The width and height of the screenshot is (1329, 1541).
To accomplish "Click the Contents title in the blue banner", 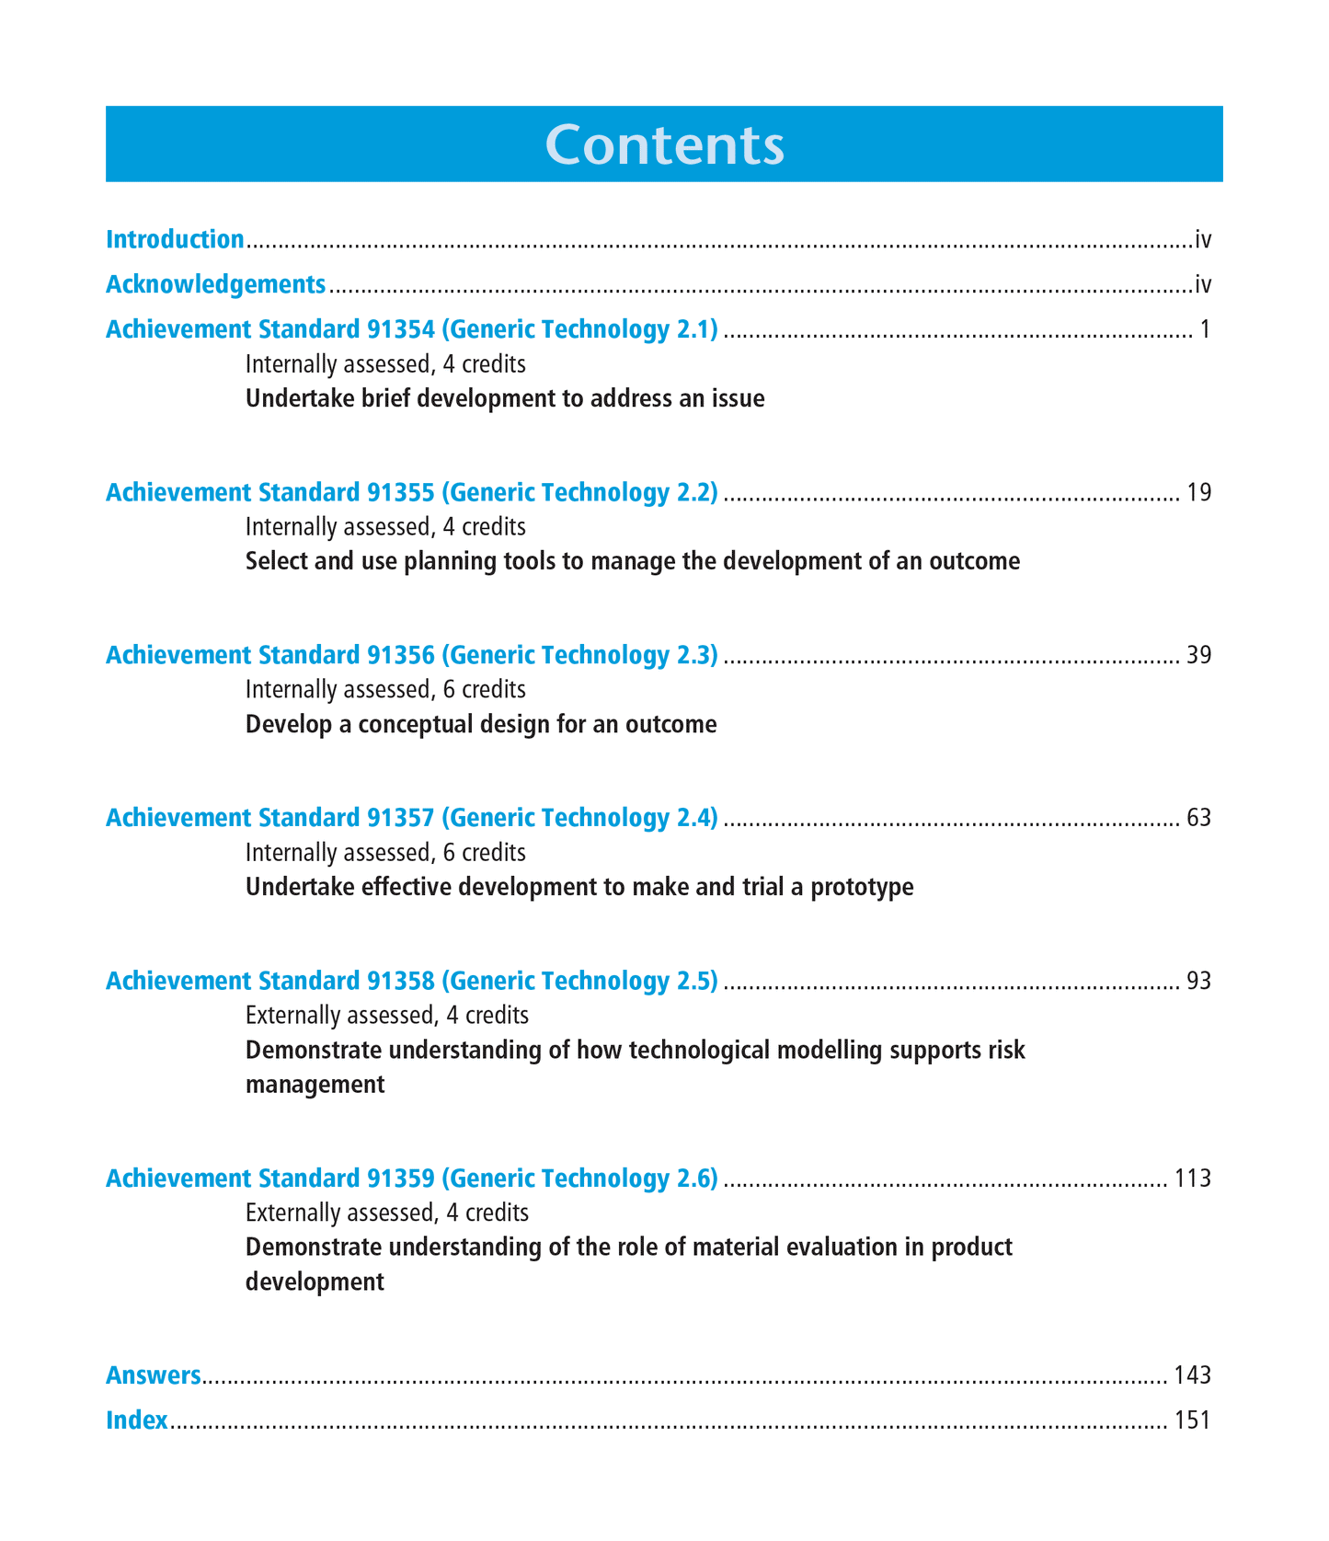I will click(664, 144).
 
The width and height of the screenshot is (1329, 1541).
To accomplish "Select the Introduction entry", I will click(175, 240).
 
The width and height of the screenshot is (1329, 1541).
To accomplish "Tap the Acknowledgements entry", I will click(215, 285).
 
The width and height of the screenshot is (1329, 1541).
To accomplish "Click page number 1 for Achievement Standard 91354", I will click(1205, 329).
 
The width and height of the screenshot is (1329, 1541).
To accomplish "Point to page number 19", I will click(1198, 493).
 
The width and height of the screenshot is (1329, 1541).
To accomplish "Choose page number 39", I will click(1198, 656).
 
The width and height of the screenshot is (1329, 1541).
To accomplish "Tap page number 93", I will click(1198, 982).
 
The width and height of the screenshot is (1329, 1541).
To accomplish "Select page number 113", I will click(1192, 1179).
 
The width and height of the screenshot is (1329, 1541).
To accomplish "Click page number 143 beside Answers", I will click(1192, 1376).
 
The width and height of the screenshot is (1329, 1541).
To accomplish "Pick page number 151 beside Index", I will click(1192, 1420).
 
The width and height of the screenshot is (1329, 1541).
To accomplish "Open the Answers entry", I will click(153, 1376).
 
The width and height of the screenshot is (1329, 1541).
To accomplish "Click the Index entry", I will click(136, 1420).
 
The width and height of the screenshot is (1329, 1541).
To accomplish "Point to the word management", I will click(315, 1086).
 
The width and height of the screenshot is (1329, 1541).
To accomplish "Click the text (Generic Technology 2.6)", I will click(579, 1179).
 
